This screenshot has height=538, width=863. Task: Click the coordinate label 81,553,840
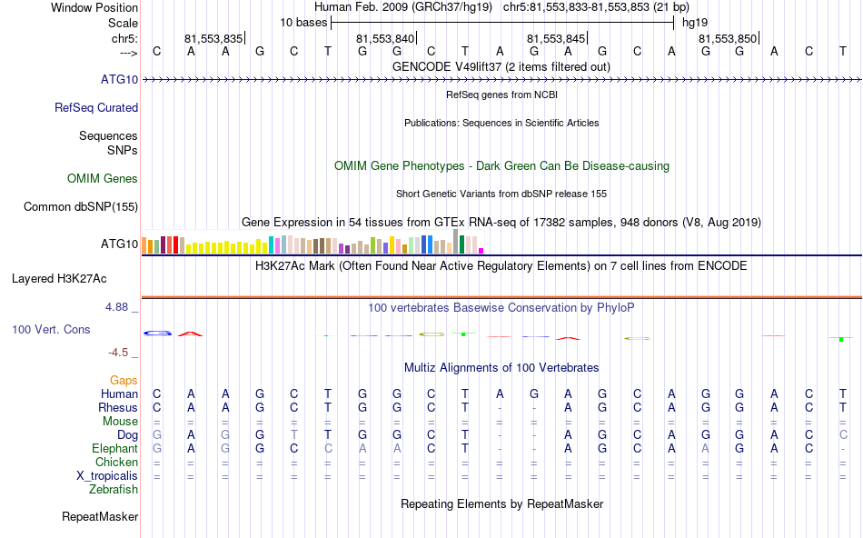[x=385, y=39]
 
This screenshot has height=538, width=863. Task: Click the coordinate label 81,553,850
[x=728, y=39]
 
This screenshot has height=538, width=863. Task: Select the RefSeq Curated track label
[x=96, y=107]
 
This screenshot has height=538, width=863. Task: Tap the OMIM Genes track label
[x=103, y=178]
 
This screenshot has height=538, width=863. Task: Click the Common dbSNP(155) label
[x=80, y=206]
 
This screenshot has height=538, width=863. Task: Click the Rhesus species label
[x=118, y=408]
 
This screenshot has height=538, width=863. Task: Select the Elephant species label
[x=114, y=449]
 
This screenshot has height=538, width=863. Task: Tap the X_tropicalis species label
[x=107, y=476]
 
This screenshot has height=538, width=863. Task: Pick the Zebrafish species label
[x=114, y=490]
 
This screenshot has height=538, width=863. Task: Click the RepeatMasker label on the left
[x=100, y=517]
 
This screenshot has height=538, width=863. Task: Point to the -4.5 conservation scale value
[x=120, y=353]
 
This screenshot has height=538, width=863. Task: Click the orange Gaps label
[x=124, y=380]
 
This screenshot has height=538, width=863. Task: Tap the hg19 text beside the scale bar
[x=695, y=21]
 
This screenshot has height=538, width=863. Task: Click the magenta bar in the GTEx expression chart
[x=481, y=251]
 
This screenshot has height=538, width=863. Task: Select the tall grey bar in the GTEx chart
[x=455, y=241]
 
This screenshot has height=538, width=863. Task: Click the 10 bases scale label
[x=303, y=21]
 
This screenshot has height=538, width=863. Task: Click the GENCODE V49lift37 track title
[x=501, y=66]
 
